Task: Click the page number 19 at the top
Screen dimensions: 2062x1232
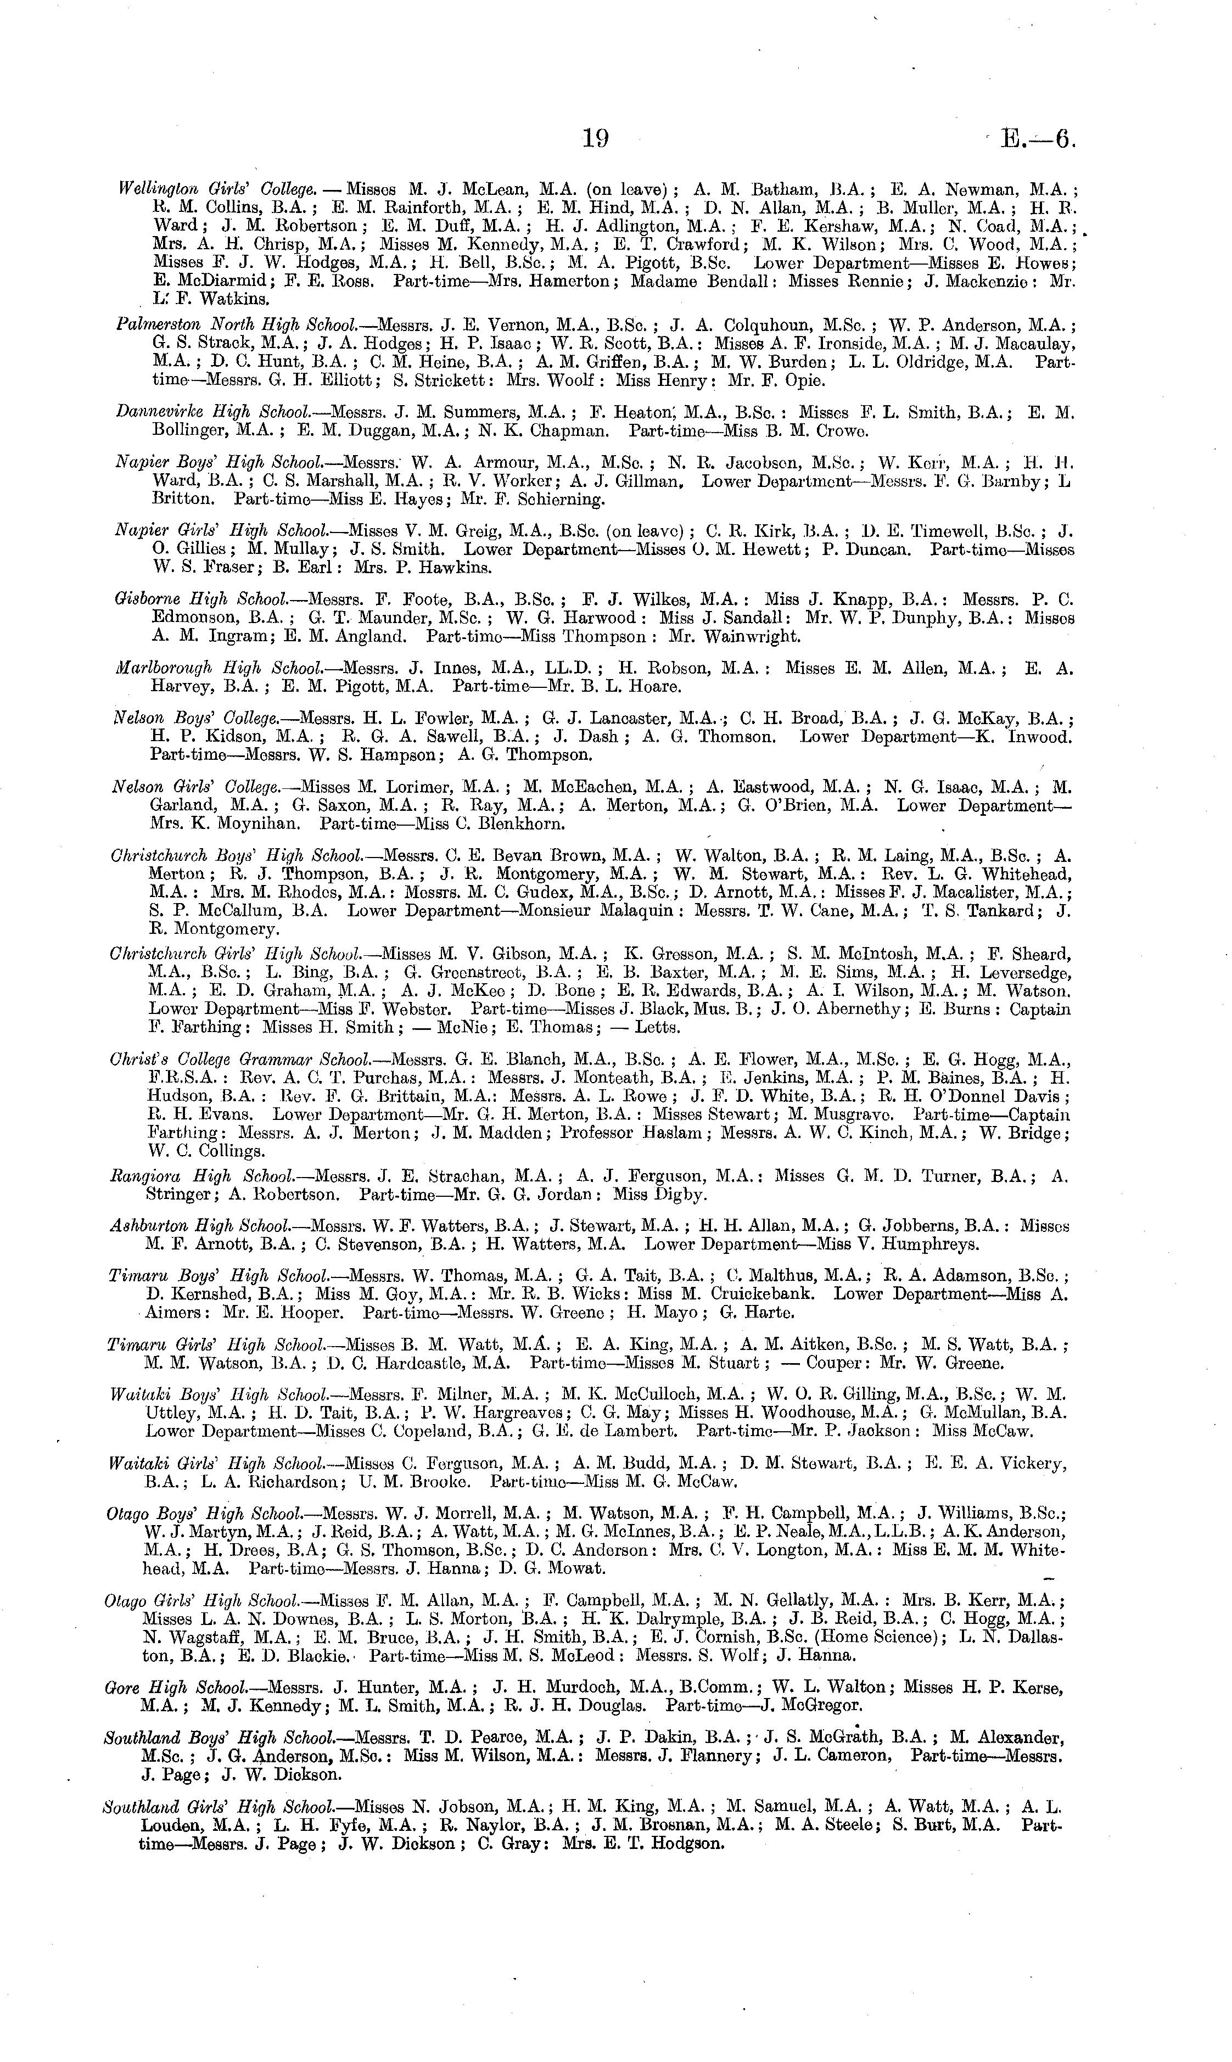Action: click(x=595, y=139)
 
